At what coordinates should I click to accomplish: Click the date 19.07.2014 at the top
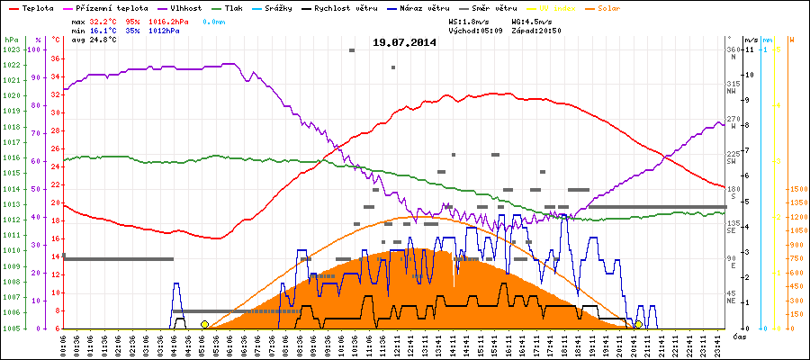point(404,41)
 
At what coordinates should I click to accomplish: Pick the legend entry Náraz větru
point(427,6)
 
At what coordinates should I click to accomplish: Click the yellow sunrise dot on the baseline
point(204,324)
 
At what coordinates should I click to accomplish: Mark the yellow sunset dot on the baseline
point(638,324)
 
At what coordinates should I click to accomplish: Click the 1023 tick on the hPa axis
point(11,49)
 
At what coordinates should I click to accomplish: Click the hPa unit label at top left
point(11,40)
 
